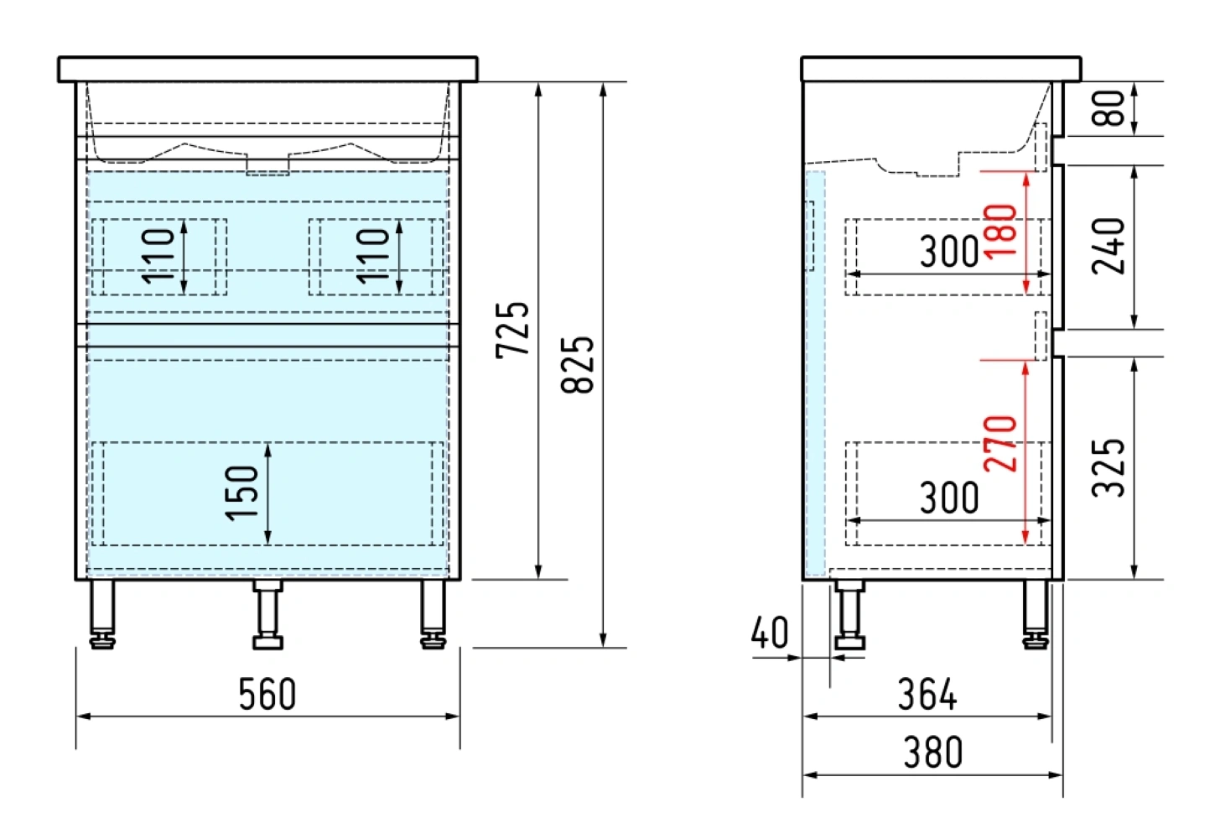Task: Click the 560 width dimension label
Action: [267, 694]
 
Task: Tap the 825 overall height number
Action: [578, 365]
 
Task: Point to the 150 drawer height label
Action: [242, 492]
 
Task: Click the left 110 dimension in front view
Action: [158, 256]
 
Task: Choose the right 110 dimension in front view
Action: [373, 256]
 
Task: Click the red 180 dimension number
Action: [1000, 232]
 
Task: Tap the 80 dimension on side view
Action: [1109, 108]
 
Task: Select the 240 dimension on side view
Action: [1109, 247]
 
